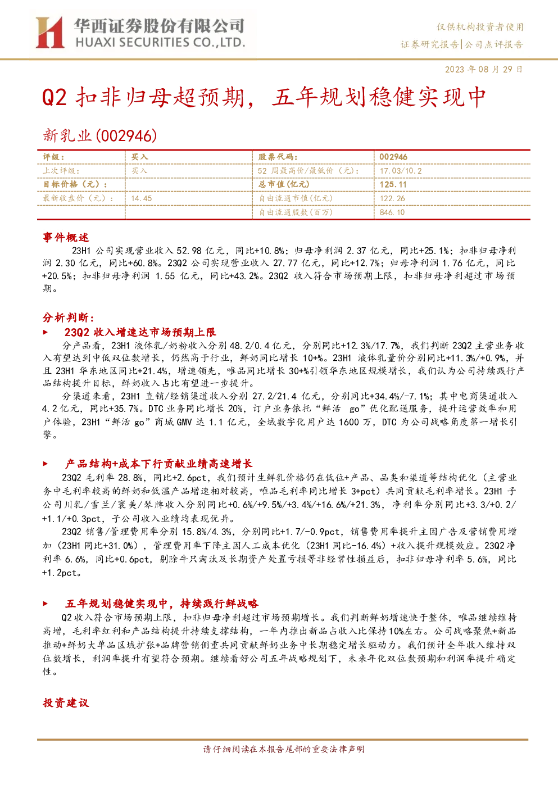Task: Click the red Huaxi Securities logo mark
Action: click(49, 33)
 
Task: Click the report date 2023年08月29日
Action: click(484, 69)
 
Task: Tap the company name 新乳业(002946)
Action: click(99, 135)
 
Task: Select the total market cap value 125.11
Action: click(393, 184)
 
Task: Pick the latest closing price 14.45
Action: click(141, 198)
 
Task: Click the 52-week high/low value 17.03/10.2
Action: click(401, 171)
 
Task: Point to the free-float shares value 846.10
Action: click(392, 212)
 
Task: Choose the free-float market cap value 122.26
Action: click(392, 198)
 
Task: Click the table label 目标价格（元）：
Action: click(75, 184)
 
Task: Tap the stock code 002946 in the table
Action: click(393, 157)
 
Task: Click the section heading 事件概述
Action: click(66, 237)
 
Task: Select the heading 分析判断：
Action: click(69, 318)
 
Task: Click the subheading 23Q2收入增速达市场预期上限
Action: click(140, 332)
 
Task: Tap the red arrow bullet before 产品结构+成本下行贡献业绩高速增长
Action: click(45, 464)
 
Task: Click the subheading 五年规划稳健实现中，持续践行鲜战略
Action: click(162, 604)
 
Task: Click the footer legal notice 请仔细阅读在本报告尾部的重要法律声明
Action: click(284, 749)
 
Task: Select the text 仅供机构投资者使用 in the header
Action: click(480, 27)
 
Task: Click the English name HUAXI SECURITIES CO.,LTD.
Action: click(161, 43)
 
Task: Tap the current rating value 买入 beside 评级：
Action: click(139, 157)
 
